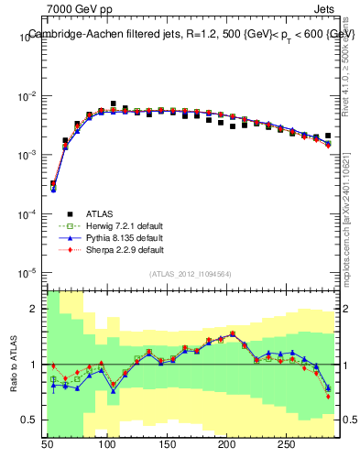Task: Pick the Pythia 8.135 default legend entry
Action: [121, 238]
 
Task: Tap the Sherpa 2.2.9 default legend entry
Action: [121, 249]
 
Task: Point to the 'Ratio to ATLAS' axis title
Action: [15, 364]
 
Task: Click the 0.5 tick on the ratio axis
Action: [30, 420]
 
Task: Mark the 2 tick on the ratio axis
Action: [36, 310]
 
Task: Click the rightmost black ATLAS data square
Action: [327, 136]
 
